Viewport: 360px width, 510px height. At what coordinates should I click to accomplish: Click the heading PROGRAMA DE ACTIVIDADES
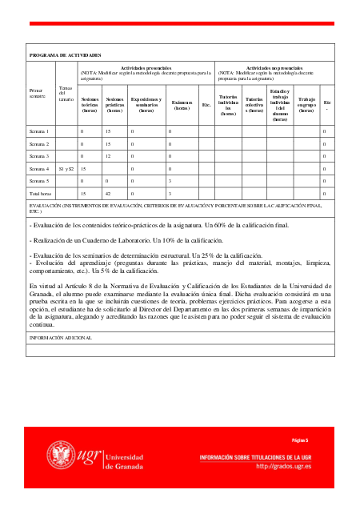65,54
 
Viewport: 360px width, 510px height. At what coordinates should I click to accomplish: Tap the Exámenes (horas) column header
182,104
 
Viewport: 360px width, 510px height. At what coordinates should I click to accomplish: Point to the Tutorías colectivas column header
254,105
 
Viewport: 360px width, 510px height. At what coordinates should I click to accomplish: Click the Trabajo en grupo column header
306,105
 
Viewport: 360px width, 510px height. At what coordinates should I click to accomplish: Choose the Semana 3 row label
40,156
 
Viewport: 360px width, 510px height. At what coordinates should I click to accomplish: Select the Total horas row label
42,194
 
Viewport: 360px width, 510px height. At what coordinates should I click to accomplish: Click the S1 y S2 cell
66,169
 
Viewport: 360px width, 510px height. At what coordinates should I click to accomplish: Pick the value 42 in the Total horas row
108,194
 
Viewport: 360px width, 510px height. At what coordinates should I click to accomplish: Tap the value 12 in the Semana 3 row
108,156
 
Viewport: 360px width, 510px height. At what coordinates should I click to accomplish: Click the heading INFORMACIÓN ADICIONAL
61,337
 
